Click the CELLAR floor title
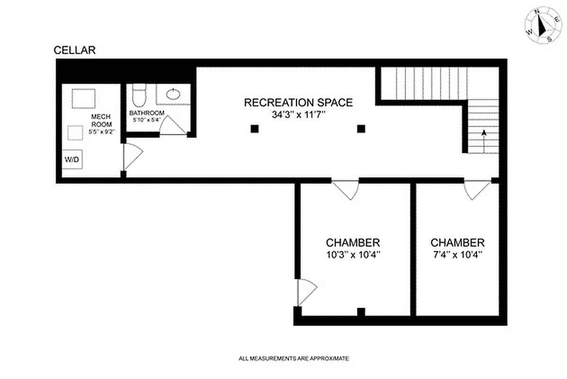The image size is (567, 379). [75, 50]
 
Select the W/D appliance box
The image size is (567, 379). [72, 160]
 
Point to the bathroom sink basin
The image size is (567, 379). [173, 93]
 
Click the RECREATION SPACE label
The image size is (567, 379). [298, 102]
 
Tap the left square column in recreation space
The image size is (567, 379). [255, 128]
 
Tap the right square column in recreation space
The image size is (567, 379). [361, 128]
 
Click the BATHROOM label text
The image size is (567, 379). [147, 113]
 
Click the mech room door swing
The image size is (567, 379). [132, 156]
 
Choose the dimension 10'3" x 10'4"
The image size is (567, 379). [353, 254]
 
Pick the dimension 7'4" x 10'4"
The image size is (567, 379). [458, 254]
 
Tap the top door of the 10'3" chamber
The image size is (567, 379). [345, 189]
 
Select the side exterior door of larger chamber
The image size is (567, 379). [306, 292]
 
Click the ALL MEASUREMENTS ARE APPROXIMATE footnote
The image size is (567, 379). [294, 359]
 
